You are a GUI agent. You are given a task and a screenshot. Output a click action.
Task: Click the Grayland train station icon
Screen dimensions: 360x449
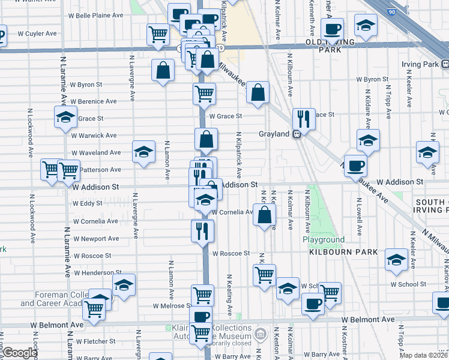[x=297, y=134]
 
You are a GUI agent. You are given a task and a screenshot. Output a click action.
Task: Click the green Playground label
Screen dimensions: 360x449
[x=324, y=240]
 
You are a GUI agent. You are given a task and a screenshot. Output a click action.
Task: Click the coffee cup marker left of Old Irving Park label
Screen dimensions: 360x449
[x=332, y=28]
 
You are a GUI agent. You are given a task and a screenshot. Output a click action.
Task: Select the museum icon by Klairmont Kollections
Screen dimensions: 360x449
[x=260, y=333]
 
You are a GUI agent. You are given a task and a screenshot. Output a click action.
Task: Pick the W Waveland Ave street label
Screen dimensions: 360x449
[x=97, y=153]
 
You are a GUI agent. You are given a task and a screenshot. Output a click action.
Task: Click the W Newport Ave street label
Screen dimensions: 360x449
[x=95, y=239]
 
